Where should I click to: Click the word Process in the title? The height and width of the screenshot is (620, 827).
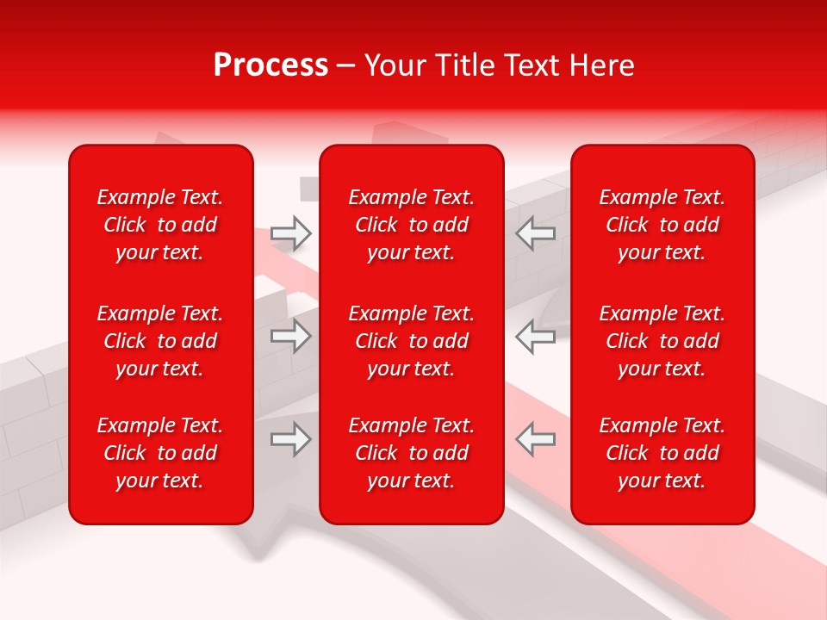point(270,65)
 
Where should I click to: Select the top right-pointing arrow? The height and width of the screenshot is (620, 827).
point(291,233)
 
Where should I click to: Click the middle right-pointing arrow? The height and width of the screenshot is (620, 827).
point(291,336)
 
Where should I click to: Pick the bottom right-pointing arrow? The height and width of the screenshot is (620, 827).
point(291,439)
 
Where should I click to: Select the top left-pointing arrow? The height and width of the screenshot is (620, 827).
point(535,233)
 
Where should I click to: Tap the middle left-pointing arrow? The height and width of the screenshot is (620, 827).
point(535,336)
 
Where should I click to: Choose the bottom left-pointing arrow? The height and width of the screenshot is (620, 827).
point(535,439)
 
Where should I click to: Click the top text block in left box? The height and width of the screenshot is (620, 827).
point(160,225)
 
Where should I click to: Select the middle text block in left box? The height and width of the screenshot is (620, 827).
point(160,341)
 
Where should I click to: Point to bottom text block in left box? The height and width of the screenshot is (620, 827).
point(160,453)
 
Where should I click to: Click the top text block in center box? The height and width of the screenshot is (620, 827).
point(411,225)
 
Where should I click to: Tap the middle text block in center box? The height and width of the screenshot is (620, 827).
point(411,341)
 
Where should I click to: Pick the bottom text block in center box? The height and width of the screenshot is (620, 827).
point(411,453)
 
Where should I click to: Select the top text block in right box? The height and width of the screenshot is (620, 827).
point(662,225)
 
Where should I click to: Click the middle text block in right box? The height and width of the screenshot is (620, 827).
point(662,341)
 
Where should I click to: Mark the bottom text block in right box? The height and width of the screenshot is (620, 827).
point(662,453)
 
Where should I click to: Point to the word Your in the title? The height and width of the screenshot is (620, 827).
point(395,65)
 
